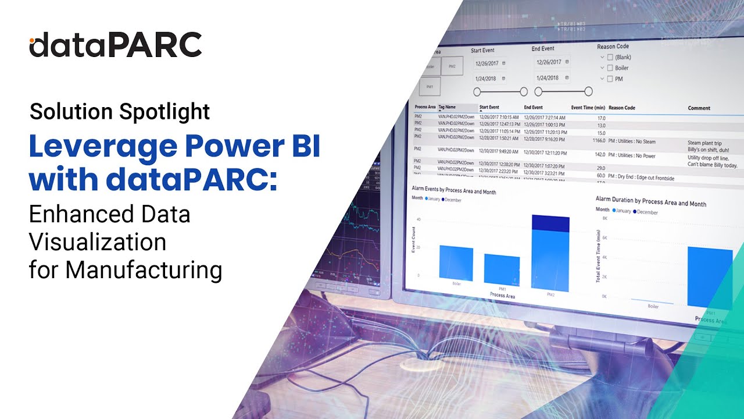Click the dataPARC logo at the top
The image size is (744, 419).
116,45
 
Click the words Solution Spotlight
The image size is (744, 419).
120,111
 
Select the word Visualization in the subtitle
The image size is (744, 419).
98,242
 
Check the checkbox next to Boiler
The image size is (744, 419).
610,68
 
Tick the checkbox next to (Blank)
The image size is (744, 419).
610,58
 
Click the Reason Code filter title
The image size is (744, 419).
613,47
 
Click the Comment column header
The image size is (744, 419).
699,108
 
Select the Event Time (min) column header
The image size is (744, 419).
588,108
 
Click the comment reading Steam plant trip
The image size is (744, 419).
704,143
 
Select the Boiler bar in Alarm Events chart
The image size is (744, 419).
456,263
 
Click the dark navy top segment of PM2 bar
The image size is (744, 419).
550,223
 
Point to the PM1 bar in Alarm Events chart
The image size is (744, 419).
502,269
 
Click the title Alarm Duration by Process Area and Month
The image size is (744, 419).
650,201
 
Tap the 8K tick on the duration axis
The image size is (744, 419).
604,218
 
